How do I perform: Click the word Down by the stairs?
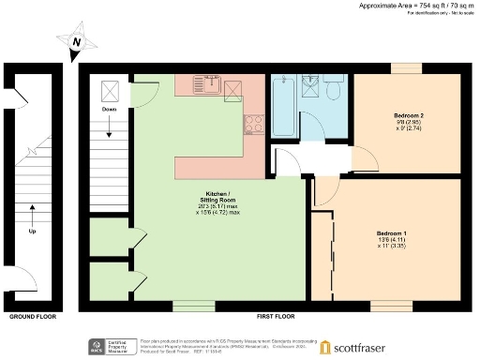click(108, 109)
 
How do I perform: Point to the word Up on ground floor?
click(34, 231)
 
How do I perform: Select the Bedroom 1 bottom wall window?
click(385, 306)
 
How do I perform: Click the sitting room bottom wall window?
click(194, 306)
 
